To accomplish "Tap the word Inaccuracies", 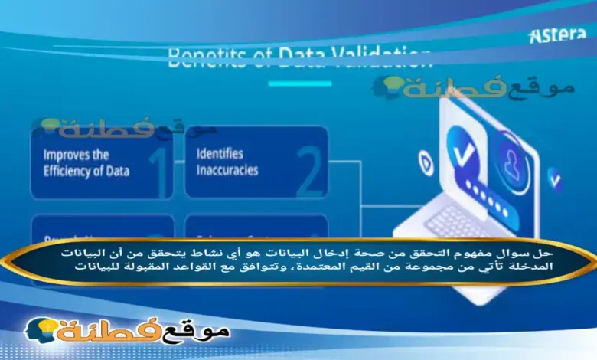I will [227, 170].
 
